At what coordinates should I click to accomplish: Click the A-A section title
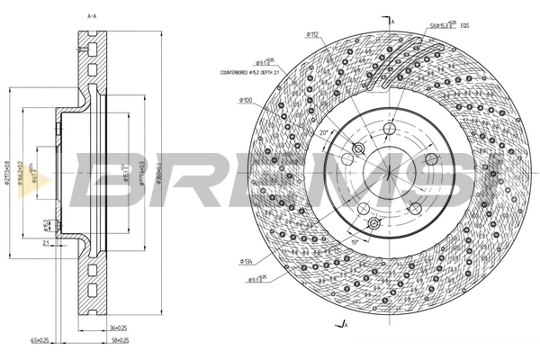[92, 16]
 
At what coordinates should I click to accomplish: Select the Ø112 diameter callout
[314, 34]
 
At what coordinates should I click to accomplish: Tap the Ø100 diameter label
[245, 99]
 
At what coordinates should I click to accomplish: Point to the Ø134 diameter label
[245, 261]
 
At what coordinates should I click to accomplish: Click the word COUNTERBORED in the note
[238, 72]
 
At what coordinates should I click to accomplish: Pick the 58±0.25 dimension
[119, 340]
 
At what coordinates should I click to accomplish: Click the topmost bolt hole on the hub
[389, 131]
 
